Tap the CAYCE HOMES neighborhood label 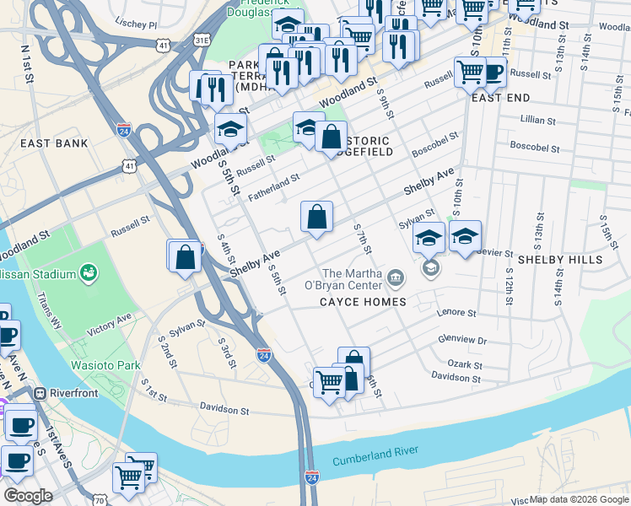click(362, 302)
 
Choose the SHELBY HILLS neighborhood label click(560, 259)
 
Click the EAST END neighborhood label click(501, 98)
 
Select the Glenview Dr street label click(462, 340)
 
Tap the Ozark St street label click(466, 365)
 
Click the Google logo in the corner click(28, 496)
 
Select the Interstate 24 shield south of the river click(311, 476)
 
